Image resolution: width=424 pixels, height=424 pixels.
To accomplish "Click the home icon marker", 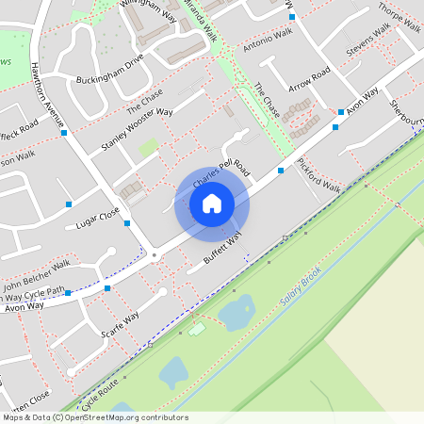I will (212, 203).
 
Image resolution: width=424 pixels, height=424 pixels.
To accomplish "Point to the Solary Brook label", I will (302, 289).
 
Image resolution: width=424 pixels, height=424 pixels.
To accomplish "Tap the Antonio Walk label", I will (268, 40).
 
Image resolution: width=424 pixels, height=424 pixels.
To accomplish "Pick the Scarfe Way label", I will (119, 325).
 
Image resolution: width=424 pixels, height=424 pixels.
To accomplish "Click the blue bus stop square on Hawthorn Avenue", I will (64, 133).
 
